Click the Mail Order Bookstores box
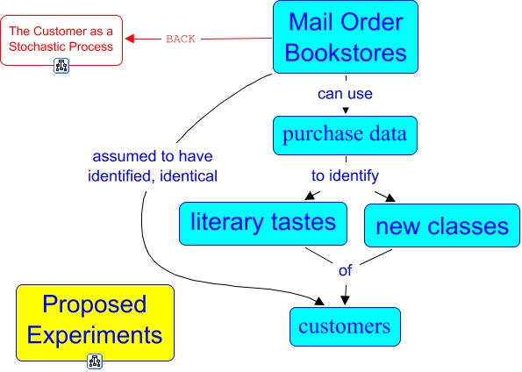346,37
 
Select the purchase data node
345,135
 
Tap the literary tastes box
263,224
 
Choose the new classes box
442,225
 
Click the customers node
345,326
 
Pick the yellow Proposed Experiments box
96,323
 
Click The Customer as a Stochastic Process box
61,40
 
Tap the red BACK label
181,39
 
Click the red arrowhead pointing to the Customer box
130,39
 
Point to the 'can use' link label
345,94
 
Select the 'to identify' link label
345,175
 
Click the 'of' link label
345,270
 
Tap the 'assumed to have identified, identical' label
153,166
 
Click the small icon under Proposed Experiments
95,361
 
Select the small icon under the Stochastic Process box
61,65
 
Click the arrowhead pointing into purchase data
346,111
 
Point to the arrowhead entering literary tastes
310,196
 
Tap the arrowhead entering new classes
390,197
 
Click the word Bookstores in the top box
346,53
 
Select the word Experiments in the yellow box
95,335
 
